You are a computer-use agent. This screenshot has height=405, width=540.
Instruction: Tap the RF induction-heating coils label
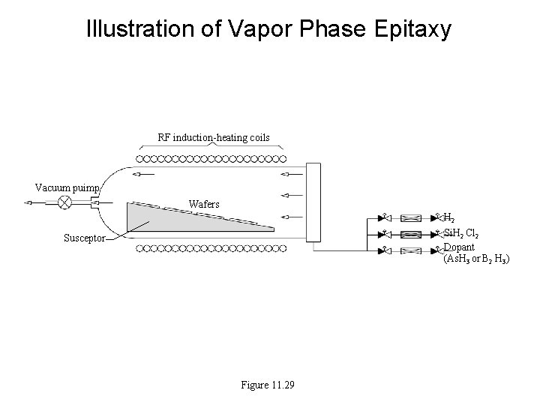[214, 137]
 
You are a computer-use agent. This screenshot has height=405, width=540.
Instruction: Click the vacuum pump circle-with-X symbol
[65, 202]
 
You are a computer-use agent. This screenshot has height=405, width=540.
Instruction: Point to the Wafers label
[204, 204]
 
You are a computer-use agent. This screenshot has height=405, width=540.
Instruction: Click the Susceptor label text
[84, 238]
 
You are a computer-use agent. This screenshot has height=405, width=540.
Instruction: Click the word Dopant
[459, 247]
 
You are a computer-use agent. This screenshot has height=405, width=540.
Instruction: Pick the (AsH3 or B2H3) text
[476, 259]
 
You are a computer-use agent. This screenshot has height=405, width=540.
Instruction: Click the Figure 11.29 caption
[268, 385]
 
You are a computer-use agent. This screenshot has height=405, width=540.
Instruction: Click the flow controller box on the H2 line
[411, 218]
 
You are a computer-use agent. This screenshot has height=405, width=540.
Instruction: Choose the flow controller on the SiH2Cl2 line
[411, 234]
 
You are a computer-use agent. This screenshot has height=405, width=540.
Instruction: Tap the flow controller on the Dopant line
[411, 249]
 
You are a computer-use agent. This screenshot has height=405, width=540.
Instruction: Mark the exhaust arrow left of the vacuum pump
[33, 202]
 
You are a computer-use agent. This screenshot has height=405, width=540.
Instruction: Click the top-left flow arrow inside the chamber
[143, 175]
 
